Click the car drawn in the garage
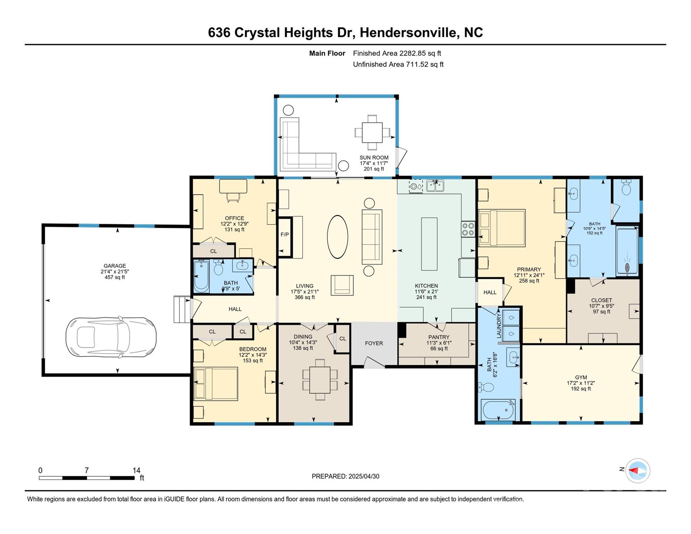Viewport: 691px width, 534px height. point(111,337)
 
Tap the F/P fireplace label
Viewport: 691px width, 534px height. point(285,235)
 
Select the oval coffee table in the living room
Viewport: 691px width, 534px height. point(337,237)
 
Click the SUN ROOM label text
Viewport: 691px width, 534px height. point(374,157)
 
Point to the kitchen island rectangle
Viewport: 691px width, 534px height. point(429,244)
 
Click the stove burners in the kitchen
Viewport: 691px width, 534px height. point(468,229)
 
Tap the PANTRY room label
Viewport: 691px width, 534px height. point(439,337)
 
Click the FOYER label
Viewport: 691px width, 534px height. point(374,343)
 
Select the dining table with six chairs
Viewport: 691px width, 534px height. point(320,380)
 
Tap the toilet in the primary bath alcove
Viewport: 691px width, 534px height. point(626,188)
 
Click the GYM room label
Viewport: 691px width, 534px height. point(581,377)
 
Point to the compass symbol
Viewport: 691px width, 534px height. point(637,470)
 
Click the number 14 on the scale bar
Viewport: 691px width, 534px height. point(136,470)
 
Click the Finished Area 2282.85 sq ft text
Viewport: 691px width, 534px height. point(397,53)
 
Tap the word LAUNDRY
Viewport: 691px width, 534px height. point(499,325)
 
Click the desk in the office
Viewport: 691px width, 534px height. point(233,186)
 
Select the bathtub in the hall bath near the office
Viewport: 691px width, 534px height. point(201,277)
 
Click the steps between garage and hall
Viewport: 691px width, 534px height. point(181,309)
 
